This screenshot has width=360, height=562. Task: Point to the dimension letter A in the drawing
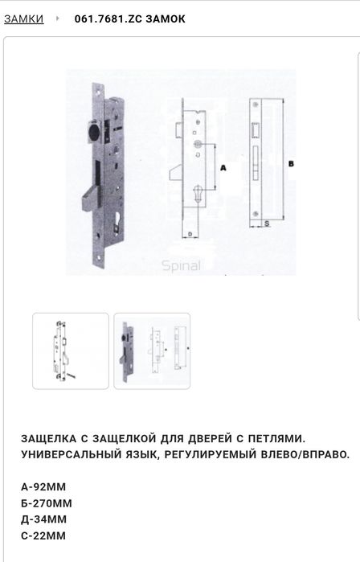point(223,167)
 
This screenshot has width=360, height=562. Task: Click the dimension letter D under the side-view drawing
point(190,236)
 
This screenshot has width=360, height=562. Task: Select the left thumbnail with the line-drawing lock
point(70,351)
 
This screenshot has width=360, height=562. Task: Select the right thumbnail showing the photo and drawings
point(152,351)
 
